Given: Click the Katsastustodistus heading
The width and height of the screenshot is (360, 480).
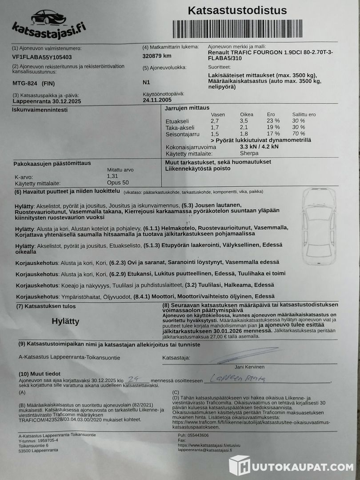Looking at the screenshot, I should [x=237, y=11].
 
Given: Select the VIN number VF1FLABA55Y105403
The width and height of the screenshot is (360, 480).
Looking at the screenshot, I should [x=42, y=57].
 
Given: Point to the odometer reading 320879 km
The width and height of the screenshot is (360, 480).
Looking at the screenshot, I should [x=157, y=56].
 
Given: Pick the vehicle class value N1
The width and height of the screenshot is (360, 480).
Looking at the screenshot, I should [x=146, y=82].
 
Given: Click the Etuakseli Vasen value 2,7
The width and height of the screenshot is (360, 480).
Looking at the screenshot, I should [x=215, y=121].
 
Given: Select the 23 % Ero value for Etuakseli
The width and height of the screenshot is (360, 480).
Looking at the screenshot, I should [x=273, y=121].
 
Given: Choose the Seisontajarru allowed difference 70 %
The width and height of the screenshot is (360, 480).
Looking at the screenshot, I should [x=299, y=134].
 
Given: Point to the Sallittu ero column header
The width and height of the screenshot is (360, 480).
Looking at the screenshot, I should [x=304, y=114].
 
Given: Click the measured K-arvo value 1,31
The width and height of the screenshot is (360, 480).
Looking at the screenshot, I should [x=113, y=176].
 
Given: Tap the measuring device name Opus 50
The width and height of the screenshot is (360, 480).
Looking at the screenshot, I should [x=118, y=183].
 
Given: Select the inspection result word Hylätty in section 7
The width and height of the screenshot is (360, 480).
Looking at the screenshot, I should [x=65, y=321].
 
